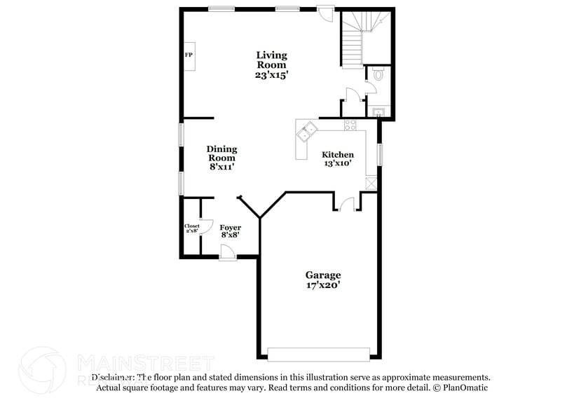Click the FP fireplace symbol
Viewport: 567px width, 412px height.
pos(189,55)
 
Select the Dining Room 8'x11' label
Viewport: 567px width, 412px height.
pos(221,158)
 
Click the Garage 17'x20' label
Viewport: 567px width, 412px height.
pos(322,280)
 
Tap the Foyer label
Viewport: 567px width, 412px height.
pos(231,231)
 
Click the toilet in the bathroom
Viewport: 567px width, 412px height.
pos(377,75)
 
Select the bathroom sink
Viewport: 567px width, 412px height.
pos(378,111)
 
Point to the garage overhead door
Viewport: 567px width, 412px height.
pos(320,353)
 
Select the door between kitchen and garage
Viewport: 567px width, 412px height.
pos(346,204)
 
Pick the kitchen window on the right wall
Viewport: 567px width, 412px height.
pos(380,154)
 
